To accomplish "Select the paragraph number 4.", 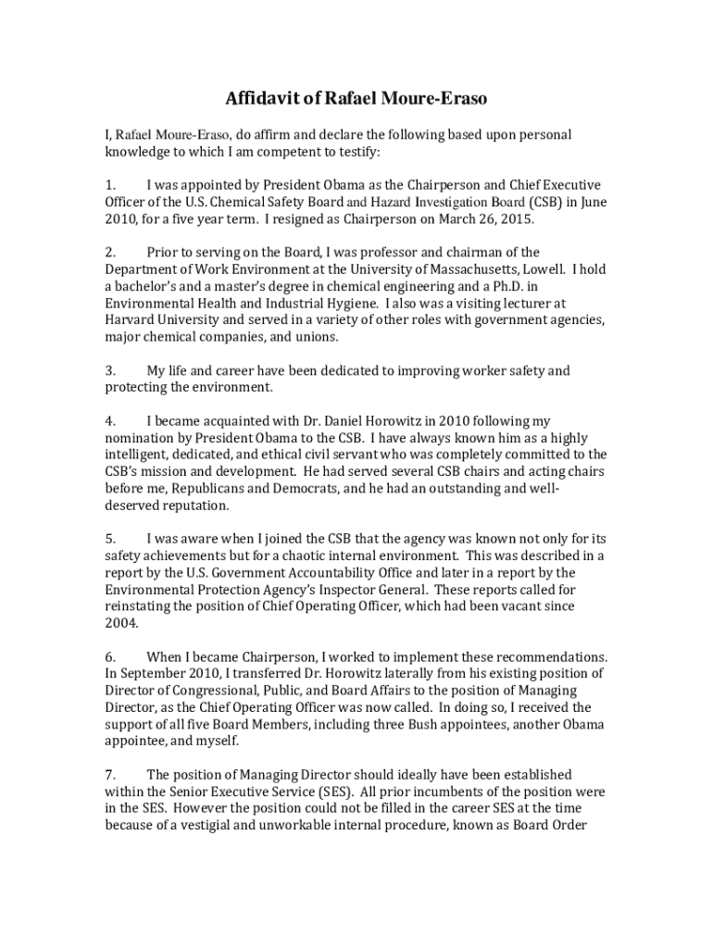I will pos(109,421).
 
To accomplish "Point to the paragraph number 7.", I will pos(109,774).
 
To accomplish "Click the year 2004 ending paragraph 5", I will pos(120,623).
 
